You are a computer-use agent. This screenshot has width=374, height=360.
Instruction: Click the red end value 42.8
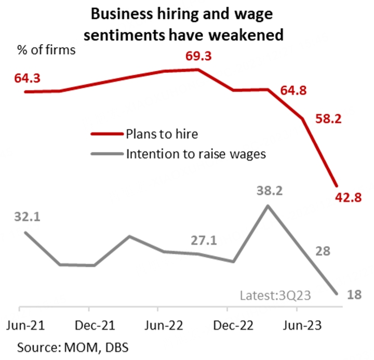[x=346, y=198]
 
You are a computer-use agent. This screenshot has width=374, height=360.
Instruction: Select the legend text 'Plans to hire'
[x=162, y=135]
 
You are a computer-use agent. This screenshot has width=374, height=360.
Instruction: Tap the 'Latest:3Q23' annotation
[x=275, y=296]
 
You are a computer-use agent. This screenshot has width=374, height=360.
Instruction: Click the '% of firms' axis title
[x=46, y=50]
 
